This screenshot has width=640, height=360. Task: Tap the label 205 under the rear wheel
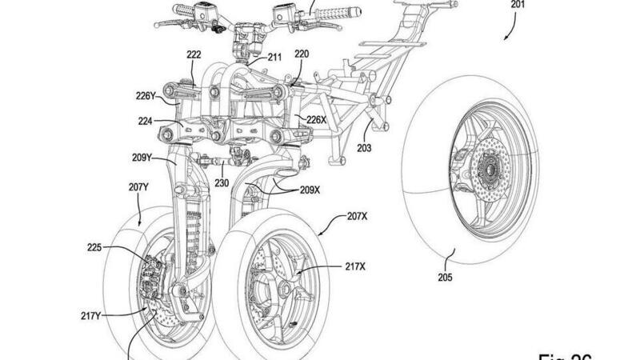click(x=445, y=278)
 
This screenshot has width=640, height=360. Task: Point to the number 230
click(x=220, y=182)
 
